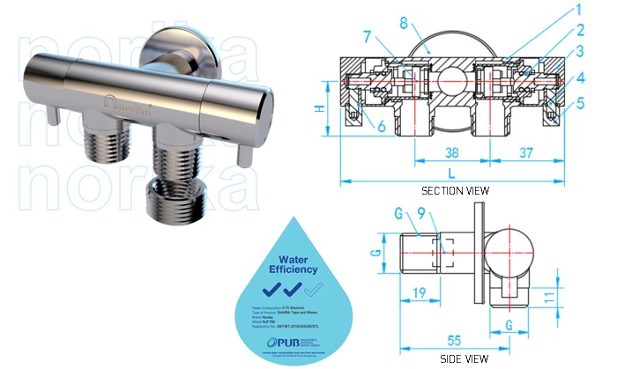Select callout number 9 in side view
coord(421,211)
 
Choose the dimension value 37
coord(527,152)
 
